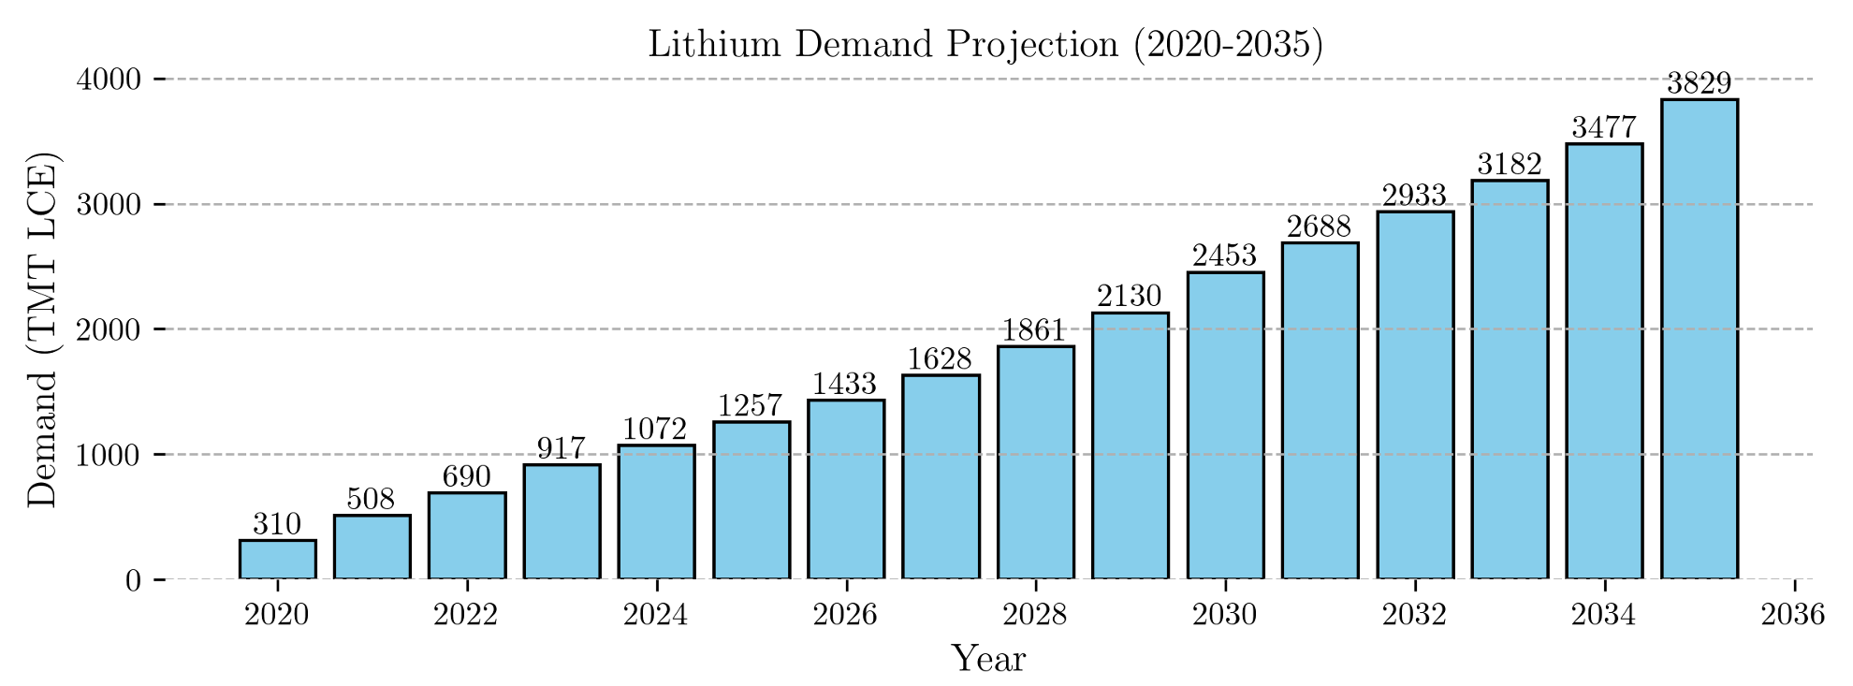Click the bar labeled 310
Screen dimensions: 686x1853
[277, 560]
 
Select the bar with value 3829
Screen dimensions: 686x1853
[1700, 339]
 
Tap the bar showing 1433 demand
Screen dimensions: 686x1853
[846, 489]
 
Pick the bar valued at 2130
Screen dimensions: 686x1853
[1131, 445]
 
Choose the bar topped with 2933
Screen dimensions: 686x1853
[1415, 395]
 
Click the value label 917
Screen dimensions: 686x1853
[562, 448]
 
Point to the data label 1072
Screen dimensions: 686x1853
[656, 430]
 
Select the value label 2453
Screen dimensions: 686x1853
[1225, 255]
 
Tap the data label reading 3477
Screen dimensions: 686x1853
[1604, 127]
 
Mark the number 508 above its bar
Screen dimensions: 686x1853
[372, 499]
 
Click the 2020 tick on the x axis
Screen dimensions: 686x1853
[277, 614]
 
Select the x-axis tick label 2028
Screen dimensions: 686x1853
[1035, 614]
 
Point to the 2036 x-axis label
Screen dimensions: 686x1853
[1793, 614]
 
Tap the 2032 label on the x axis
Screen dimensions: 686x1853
[1415, 614]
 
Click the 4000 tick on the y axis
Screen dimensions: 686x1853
[109, 80]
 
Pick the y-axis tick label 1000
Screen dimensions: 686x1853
[109, 455]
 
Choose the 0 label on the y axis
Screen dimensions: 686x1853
[133, 580]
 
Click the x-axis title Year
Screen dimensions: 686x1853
[988, 659]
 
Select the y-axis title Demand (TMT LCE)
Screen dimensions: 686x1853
[42, 329]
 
